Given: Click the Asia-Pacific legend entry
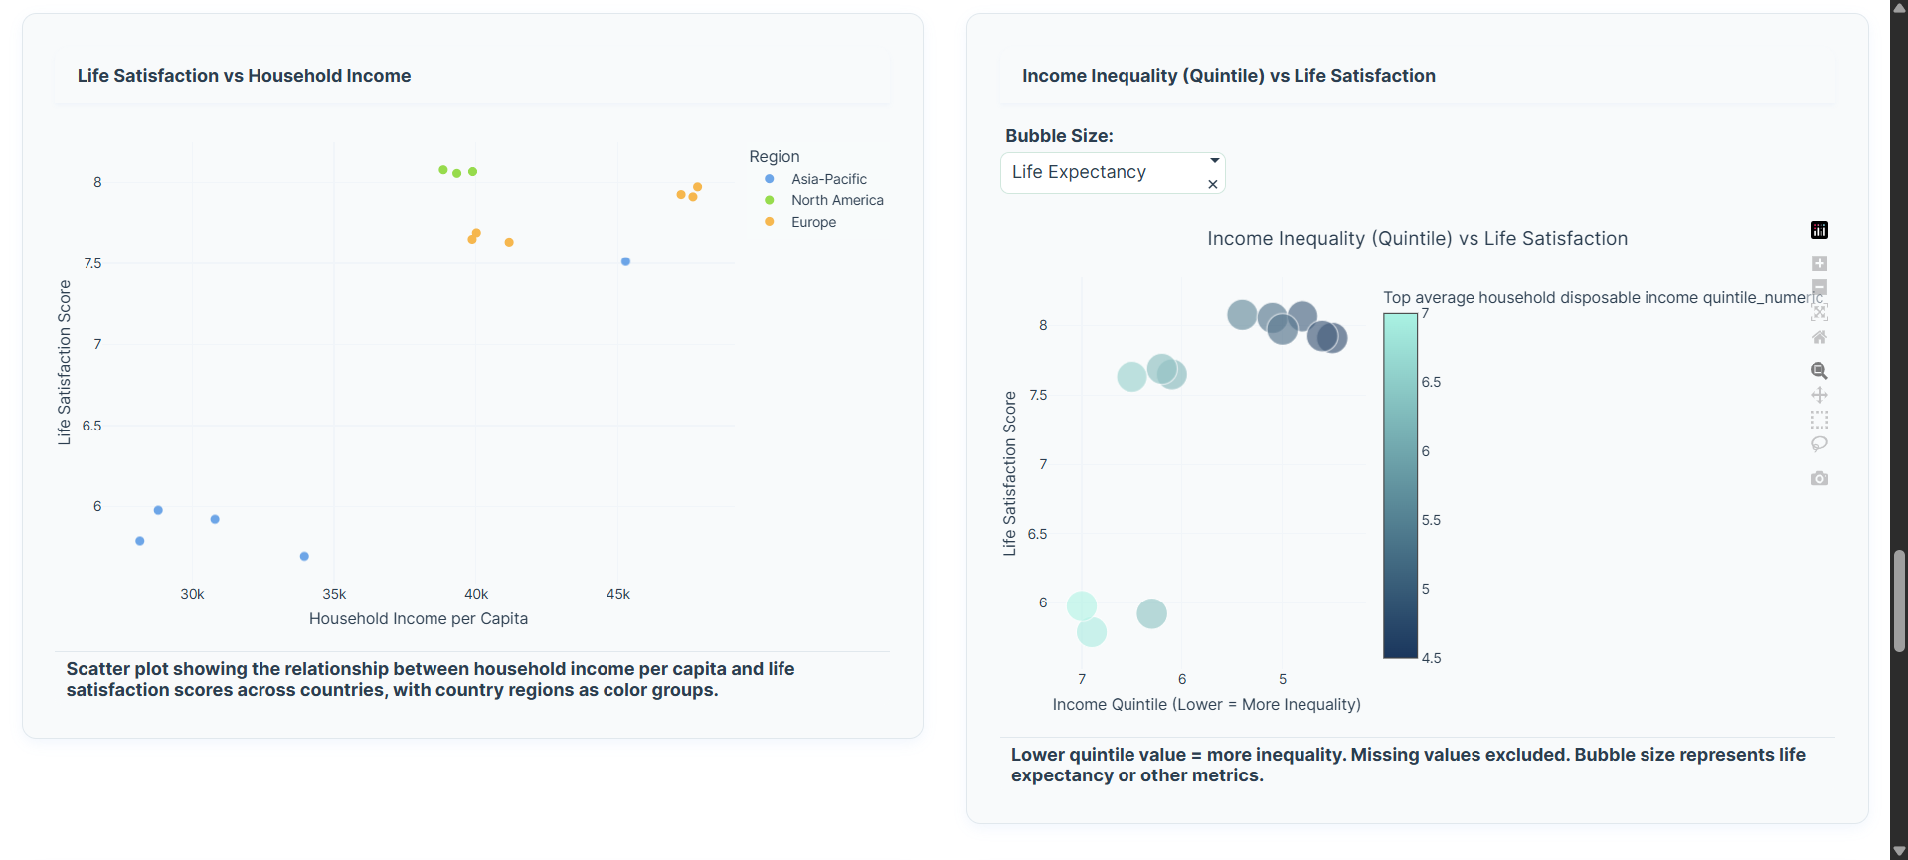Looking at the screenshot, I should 828,179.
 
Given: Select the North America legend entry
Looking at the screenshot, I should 836,200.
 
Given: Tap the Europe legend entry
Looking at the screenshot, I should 812,222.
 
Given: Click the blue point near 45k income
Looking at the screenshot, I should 625,261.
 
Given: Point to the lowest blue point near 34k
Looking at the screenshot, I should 304,556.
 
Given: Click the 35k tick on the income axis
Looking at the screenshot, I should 334,594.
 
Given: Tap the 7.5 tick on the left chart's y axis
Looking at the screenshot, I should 92,263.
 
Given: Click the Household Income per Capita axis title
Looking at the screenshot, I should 418,618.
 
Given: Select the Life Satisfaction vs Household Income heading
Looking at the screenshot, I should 244,76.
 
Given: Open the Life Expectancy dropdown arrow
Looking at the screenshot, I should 1214,160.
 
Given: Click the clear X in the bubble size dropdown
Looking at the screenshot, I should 1212,184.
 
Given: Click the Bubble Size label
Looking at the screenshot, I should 1059,136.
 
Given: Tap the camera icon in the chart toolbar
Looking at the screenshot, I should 1819,478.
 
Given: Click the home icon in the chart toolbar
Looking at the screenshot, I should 1819,337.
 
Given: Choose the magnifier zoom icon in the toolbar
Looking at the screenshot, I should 1819,371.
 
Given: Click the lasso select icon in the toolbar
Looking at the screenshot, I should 1819,443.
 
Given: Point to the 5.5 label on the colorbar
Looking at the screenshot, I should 1430,520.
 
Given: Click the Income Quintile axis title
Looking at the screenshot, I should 1206,704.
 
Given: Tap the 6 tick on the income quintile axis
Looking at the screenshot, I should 1181,679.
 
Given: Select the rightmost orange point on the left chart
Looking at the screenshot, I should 698,187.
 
